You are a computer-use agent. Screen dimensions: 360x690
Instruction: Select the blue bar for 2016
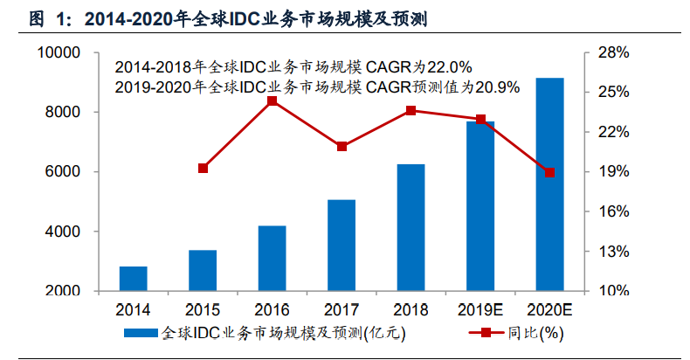click(x=272, y=258)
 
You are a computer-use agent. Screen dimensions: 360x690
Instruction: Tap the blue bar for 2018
click(x=411, y=227)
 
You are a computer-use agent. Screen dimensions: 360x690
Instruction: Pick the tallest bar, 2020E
click(x=549, y=184)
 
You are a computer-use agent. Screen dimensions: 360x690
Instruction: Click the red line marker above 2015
click(x=203, y=168)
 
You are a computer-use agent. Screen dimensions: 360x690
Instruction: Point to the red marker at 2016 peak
click(x=272, y=100)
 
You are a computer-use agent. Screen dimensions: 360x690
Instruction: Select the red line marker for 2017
click(x=342, y=146)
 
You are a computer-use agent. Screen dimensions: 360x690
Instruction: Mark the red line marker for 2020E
click(x=549, y=172)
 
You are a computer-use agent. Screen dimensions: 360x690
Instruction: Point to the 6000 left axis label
click(x=64, y=172)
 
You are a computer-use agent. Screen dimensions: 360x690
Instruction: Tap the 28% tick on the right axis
click(x=614, y=53)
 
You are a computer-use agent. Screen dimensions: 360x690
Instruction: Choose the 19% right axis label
click(x=614, y=172)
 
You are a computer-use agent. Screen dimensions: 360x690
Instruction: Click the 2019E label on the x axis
click(x=480, y=309)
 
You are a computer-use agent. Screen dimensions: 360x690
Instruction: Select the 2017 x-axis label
click(x=342, y=309)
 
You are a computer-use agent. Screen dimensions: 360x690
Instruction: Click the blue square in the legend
click(x=141, y=333)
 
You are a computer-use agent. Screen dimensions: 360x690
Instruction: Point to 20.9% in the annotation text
click(x=500, y=87)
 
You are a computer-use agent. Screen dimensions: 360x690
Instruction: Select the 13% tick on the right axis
click(x=614, y=252)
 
